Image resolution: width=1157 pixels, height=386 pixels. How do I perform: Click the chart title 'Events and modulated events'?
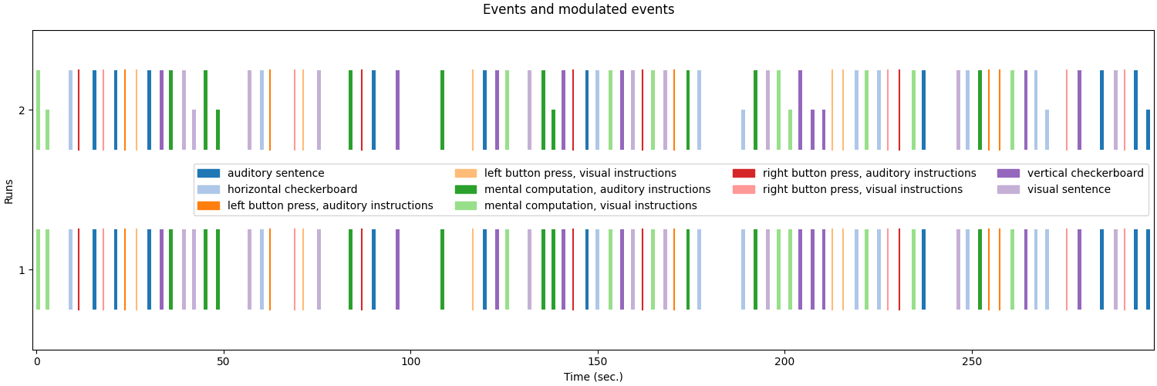578,10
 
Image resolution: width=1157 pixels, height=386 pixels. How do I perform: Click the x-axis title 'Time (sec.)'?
593,377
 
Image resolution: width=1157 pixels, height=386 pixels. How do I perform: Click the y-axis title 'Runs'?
9,190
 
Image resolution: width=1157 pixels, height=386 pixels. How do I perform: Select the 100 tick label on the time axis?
410,362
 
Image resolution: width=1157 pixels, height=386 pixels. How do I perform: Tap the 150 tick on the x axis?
598,362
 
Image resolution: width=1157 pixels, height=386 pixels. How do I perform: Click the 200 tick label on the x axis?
784,362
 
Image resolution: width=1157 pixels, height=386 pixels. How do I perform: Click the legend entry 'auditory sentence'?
275,174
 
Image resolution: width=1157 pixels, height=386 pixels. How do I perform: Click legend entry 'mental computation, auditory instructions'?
597,190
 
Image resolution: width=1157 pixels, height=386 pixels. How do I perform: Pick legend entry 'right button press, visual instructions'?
862,190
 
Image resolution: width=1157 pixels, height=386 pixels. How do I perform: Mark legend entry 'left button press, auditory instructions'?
329,206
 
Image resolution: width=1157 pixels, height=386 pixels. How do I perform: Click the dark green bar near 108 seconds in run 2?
442,110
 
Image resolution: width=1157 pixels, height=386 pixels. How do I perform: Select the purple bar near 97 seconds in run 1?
398,269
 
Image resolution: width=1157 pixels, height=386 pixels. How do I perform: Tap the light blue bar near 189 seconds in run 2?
744,130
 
